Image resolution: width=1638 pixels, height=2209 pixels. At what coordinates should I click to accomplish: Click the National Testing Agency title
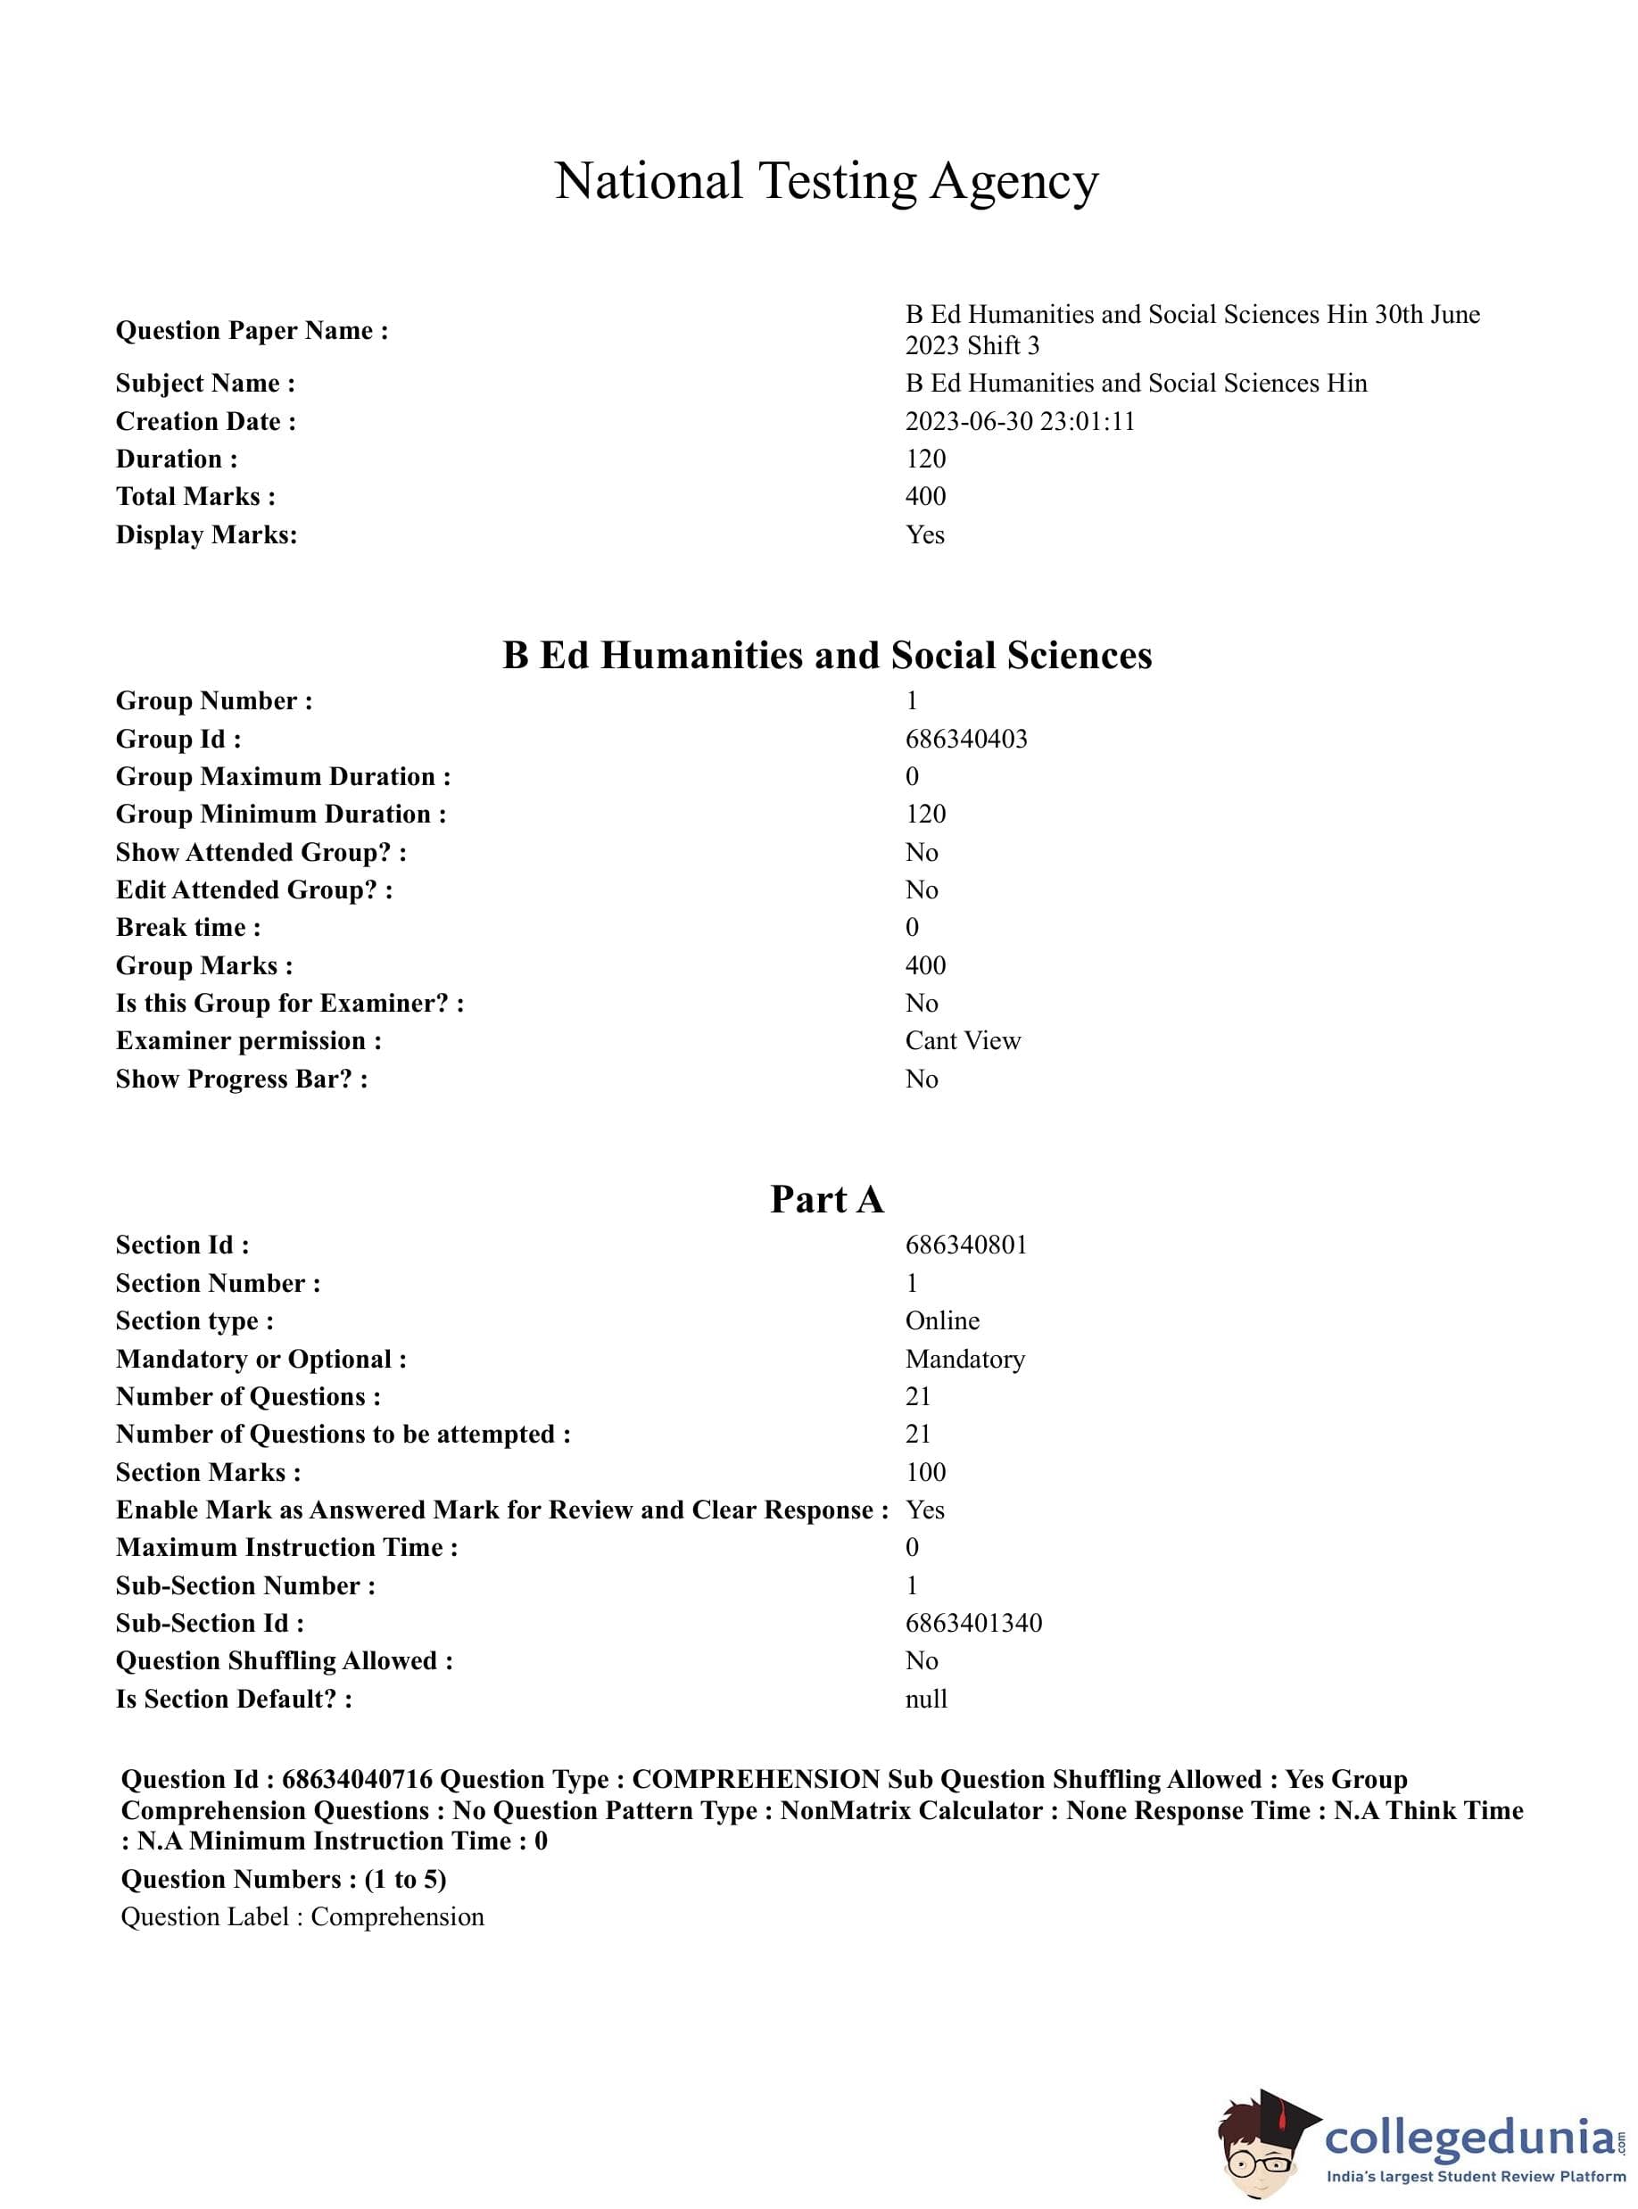(x=826, y=181)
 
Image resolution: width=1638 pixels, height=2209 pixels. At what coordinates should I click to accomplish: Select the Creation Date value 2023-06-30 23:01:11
(x=1019, y=421)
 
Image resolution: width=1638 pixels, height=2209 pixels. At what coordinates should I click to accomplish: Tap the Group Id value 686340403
(x=965, y=739)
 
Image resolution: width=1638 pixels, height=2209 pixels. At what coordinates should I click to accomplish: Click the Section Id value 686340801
(x=965, y=1245)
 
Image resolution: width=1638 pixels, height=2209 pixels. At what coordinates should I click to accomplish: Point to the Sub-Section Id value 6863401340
(x=972, y=1623)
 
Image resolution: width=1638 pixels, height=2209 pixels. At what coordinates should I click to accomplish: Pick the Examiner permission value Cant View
(x=962, y=1040)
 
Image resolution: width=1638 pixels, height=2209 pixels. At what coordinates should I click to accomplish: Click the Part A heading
(x=826, y=1199)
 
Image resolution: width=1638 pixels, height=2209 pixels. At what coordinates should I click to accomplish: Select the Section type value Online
(x=942, y=1320)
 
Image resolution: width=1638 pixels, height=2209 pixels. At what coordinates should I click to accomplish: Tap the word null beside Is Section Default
(x=926, y=1699)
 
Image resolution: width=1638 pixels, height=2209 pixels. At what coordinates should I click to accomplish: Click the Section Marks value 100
(x=925, y=1472)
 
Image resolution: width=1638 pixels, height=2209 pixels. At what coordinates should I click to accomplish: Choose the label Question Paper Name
(x=252, y=330)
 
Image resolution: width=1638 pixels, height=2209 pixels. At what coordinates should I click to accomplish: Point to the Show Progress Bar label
(x=242, y=1079)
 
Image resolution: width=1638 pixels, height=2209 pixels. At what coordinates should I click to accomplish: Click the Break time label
(x=188, y=927)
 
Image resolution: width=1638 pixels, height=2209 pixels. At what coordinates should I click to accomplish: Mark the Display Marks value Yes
(x=924, y=534)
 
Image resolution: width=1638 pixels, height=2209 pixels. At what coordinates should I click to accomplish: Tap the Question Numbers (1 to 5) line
(x=284, y=1879)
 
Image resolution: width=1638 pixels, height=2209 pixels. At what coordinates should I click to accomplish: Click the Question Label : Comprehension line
(x=302, y=1916)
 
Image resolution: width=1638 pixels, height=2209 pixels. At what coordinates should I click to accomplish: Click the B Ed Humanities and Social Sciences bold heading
(x=826, y=656)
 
